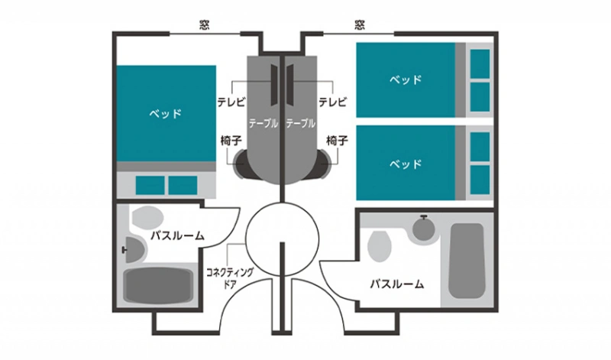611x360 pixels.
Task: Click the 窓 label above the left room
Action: tap(204, 25)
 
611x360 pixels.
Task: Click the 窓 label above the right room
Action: tap(360, 25)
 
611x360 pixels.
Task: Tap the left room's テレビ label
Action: tap(231, 102)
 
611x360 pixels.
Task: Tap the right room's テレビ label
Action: tap(332, 102)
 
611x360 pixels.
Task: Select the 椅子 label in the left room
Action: tap(231, 141)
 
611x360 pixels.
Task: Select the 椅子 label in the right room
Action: tap(337, 141)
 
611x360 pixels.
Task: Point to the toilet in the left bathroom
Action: tap(147, 217)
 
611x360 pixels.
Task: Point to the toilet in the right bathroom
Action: tap(379, 246)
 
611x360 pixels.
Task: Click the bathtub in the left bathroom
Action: tap(158, 285)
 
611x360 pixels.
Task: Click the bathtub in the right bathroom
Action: tap(467, 261)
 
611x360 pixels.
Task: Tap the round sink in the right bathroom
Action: tap(424, 229)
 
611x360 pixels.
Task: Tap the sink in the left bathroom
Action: tap(134, 250)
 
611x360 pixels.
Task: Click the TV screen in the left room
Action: tap(274, 85)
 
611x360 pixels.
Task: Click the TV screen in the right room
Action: tap(290, 85)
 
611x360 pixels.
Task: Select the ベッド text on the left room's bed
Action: tap(166, 114)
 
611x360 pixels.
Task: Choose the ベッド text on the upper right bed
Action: tap(406, 80)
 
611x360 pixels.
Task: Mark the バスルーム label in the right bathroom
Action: tap(397, 284)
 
